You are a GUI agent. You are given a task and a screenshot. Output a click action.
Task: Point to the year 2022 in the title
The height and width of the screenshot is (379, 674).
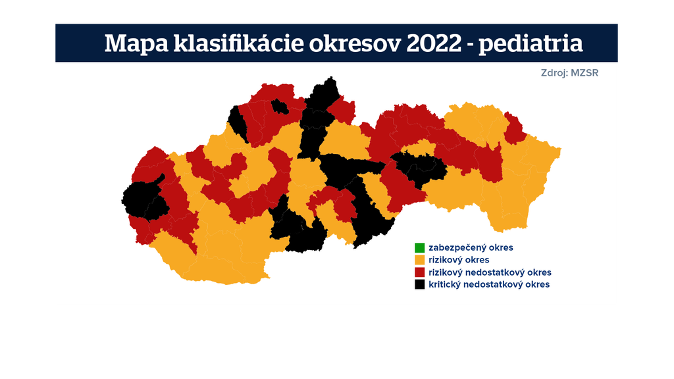click(435, 43)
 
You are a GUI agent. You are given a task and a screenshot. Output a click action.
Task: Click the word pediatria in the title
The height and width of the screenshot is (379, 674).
click(531, 43)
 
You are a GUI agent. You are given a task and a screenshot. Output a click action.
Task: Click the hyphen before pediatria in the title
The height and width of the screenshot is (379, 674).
click(469, 45)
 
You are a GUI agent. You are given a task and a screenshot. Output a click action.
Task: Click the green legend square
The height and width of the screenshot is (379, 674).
click(419, 248)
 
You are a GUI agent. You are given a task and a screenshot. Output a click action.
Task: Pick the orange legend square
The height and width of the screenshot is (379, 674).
click(419, 260)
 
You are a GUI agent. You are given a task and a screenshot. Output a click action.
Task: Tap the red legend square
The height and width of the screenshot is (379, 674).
click(419, 272)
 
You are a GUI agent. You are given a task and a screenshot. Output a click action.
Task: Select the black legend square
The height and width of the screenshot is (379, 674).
click(419, 284)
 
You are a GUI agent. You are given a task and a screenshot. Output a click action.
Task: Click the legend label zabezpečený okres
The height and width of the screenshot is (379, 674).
click(471, 248)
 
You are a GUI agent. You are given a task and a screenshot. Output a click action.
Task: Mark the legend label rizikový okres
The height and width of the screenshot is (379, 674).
click(459, 260)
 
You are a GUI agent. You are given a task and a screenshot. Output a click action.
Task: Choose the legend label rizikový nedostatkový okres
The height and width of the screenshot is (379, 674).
click(490, 272)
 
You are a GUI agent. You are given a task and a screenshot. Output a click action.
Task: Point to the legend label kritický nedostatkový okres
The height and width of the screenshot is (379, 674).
click(488, 284)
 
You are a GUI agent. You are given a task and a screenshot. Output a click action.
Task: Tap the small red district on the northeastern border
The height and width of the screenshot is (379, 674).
click(514, 128)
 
